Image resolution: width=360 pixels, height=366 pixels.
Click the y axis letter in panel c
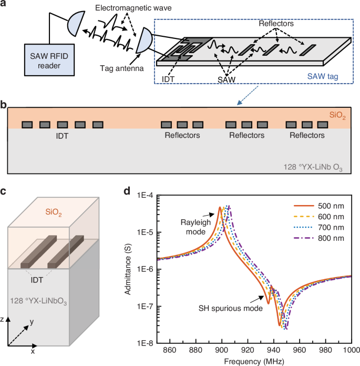click(32, 321)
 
